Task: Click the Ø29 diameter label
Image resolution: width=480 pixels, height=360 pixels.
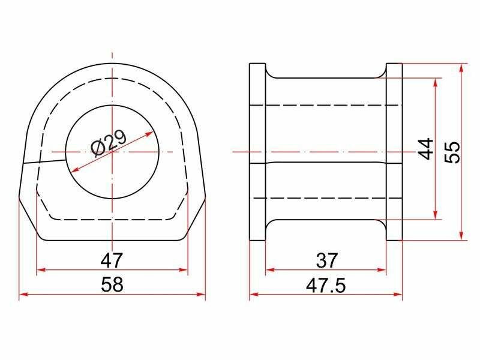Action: tap(109, 143)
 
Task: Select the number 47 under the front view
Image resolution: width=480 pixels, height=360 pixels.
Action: tap(112, 260)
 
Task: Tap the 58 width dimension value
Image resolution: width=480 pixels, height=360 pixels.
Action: tap(112, 284)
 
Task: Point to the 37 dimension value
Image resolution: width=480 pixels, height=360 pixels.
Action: tap(326, 260)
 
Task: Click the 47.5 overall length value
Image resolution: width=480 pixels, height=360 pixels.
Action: tap(326, 286)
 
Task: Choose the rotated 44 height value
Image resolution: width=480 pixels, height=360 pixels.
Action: tap(426, 149)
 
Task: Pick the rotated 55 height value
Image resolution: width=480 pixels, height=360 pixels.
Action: tap(452, 152)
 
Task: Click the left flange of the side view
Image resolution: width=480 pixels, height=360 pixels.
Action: tap(257, 152)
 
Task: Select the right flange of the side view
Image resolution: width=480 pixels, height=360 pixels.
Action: tap(394, 152)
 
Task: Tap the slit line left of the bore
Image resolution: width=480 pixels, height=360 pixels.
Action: tap(44, 161)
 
